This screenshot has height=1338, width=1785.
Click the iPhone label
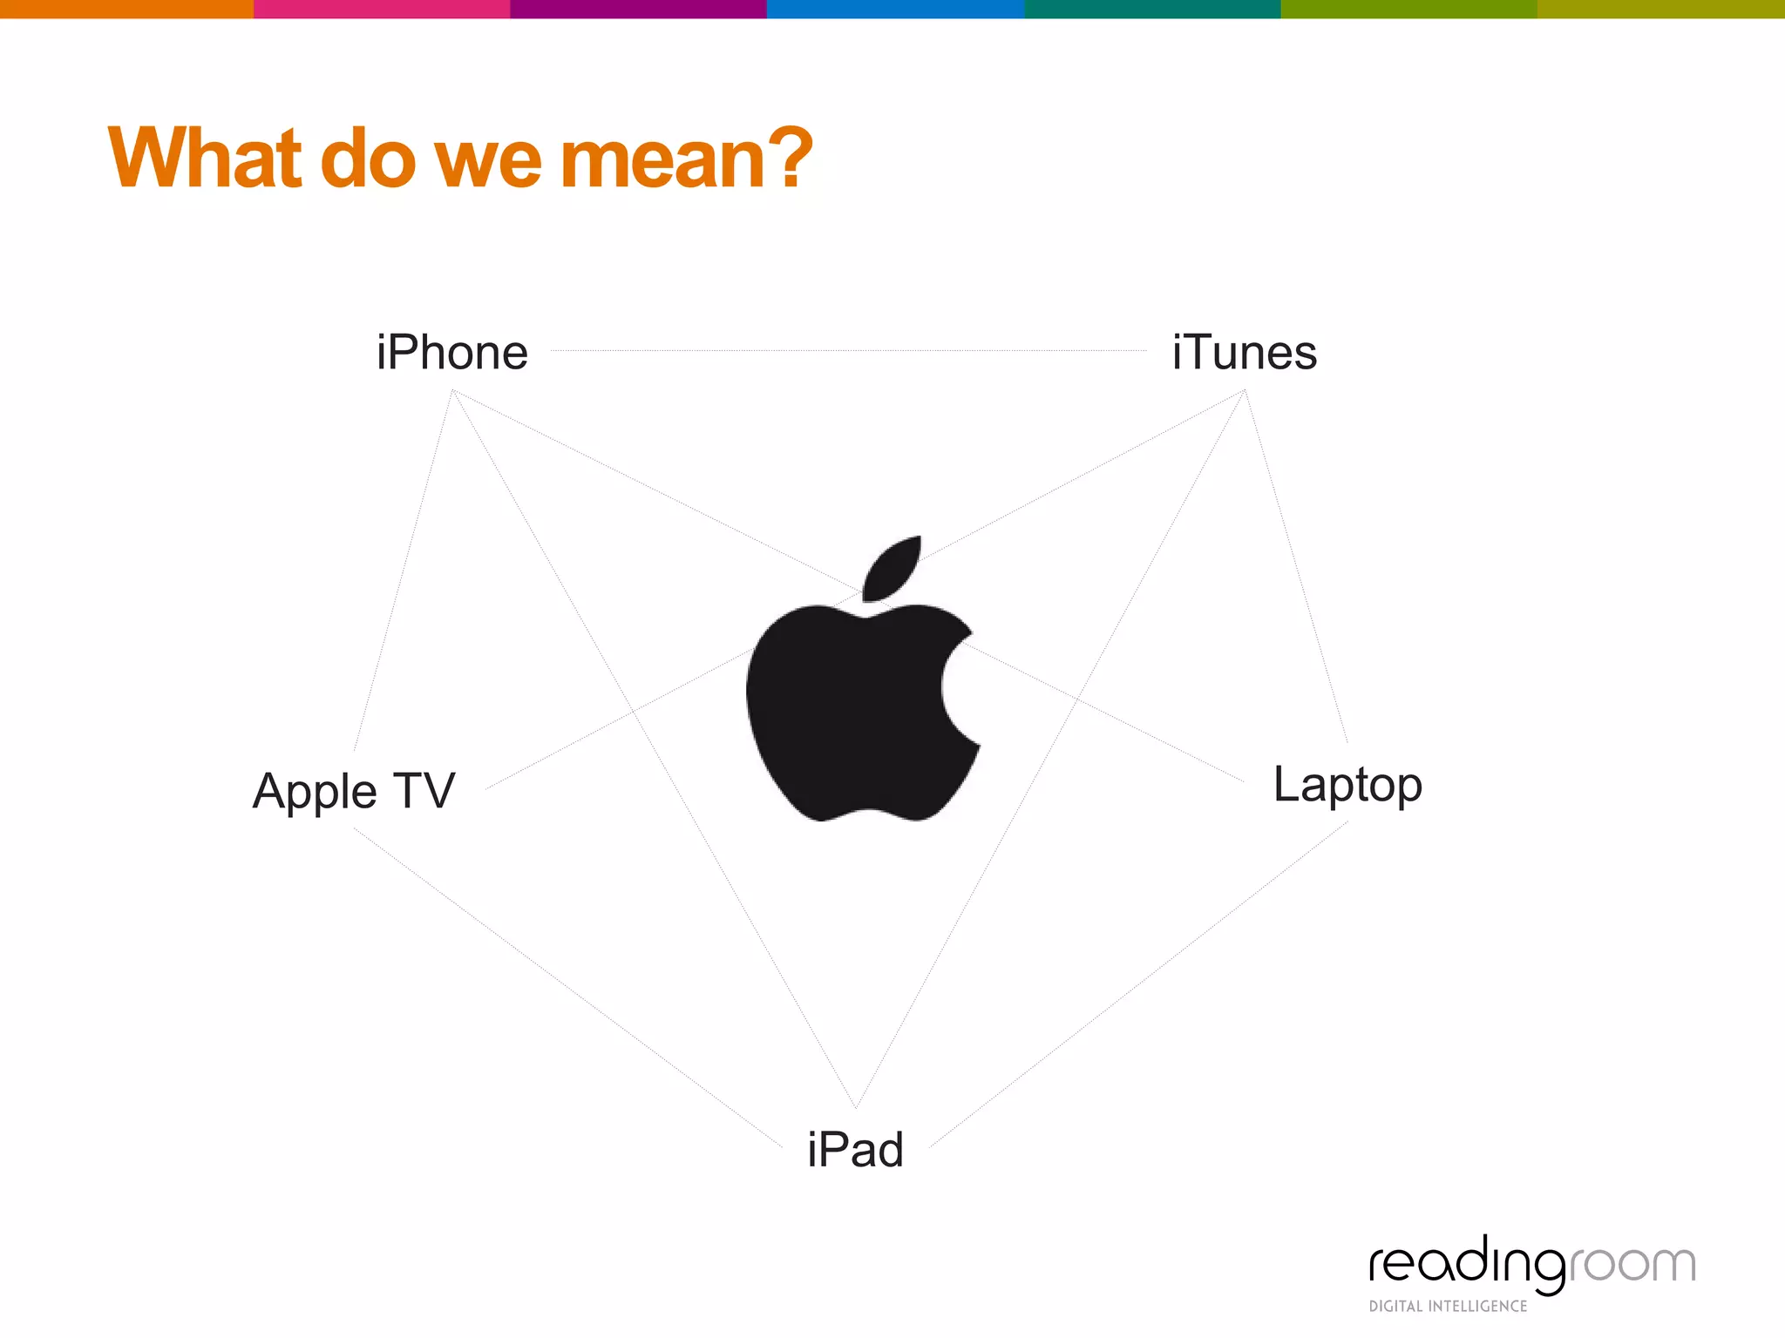point(452,353)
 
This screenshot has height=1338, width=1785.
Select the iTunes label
point(1244,353)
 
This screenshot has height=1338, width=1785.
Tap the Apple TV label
point(353,791)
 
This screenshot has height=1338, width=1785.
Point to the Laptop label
point(1347,785)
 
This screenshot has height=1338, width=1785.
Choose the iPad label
point(855,1150)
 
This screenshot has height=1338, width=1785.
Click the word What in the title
point(205,159)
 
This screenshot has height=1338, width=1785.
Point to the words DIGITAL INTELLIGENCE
point(1448,1306)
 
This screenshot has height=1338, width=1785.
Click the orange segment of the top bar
point(126,9)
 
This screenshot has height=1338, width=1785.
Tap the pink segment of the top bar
point(382,9)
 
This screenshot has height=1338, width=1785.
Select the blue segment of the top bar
point(895,9)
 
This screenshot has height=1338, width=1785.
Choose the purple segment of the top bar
point(638,9)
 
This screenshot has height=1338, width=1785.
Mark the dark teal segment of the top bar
point(1151,9)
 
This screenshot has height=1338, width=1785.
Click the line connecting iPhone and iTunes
point(850,351)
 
